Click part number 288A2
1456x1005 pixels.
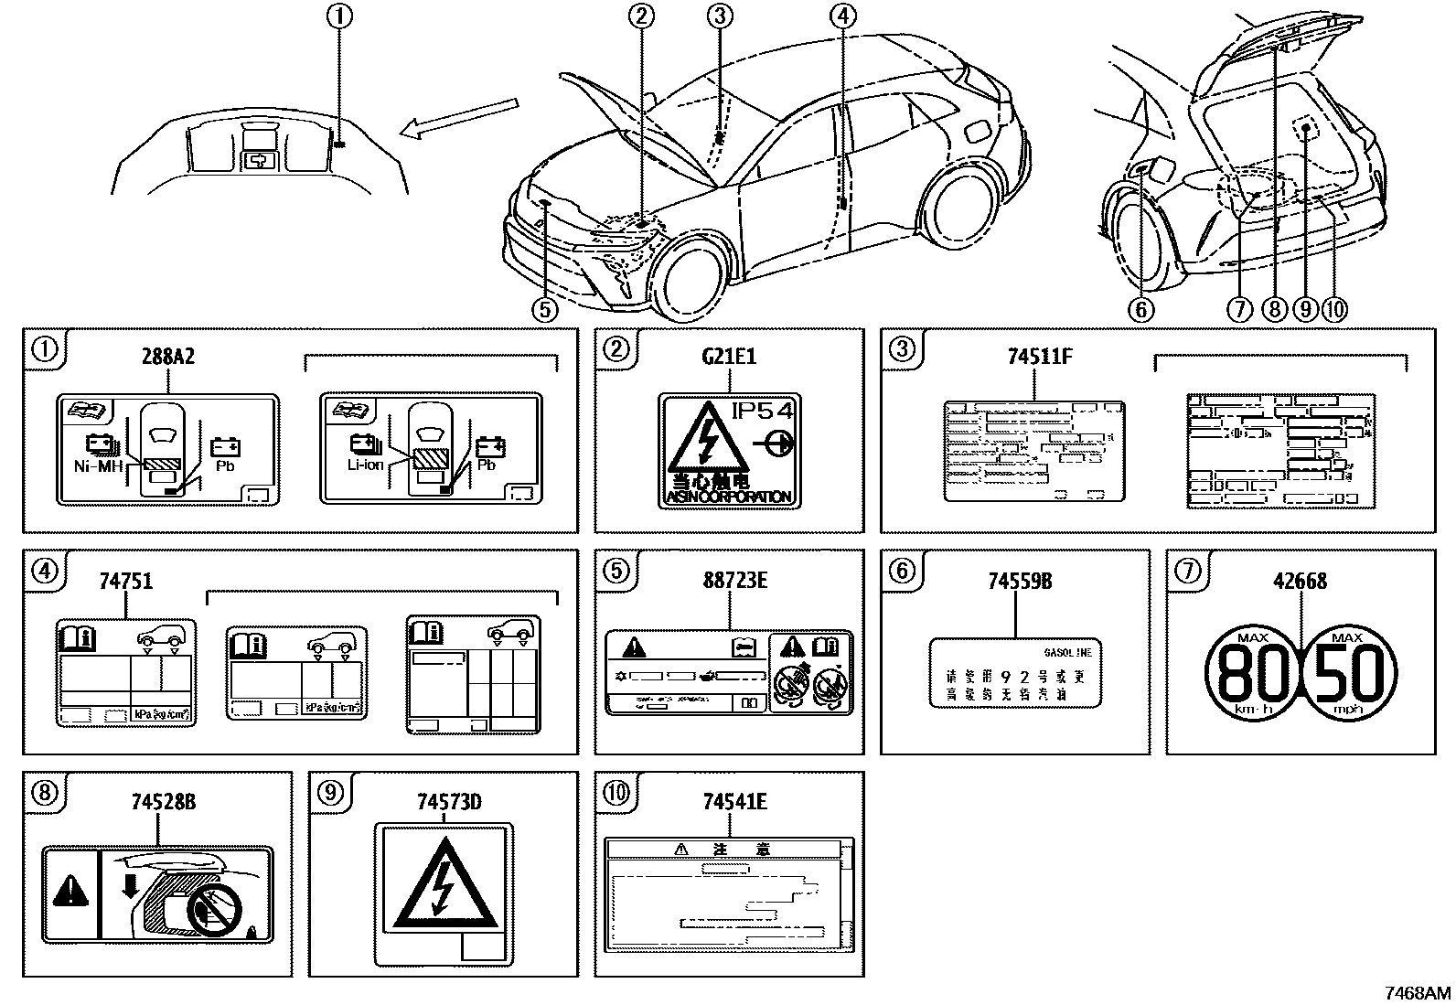click(x=167, y=357)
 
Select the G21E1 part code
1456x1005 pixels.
click(x=728, y=357)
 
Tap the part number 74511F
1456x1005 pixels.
click(x=1039, y=357)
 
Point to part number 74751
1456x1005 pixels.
click(x=127, y=581)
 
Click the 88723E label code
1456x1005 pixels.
click(x=734, y=581)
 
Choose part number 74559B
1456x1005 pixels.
click(x=1020, y=581)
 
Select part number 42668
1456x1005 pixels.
click(x=1300, y=581)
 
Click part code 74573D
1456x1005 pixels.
click(x=448, y=803)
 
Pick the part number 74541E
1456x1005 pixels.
click(x=734, y=803)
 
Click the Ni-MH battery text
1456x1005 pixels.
click(x=97, y=465)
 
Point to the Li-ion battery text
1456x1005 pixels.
click(x=364, y=465)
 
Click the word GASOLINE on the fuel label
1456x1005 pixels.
click(x=1067, y=653)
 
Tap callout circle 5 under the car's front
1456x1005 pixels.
click(x=544, y=310)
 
